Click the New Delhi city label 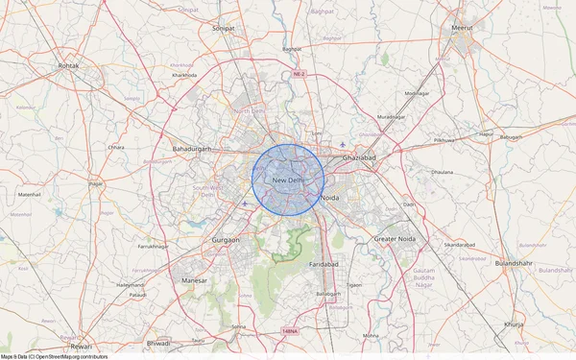click(289, 180)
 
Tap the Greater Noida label click(397, 237)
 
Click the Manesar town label click(194, 279)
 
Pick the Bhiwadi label click(157, 343)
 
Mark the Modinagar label click(417, 93)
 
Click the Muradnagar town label click(391, 117)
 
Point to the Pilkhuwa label click(445, 140)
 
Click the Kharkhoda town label click(183, 74)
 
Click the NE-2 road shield click(299, 74)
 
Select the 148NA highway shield click(290, 331)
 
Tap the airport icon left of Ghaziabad click(343, 146)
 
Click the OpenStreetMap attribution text click(54, 356)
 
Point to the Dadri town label click(409, 204)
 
